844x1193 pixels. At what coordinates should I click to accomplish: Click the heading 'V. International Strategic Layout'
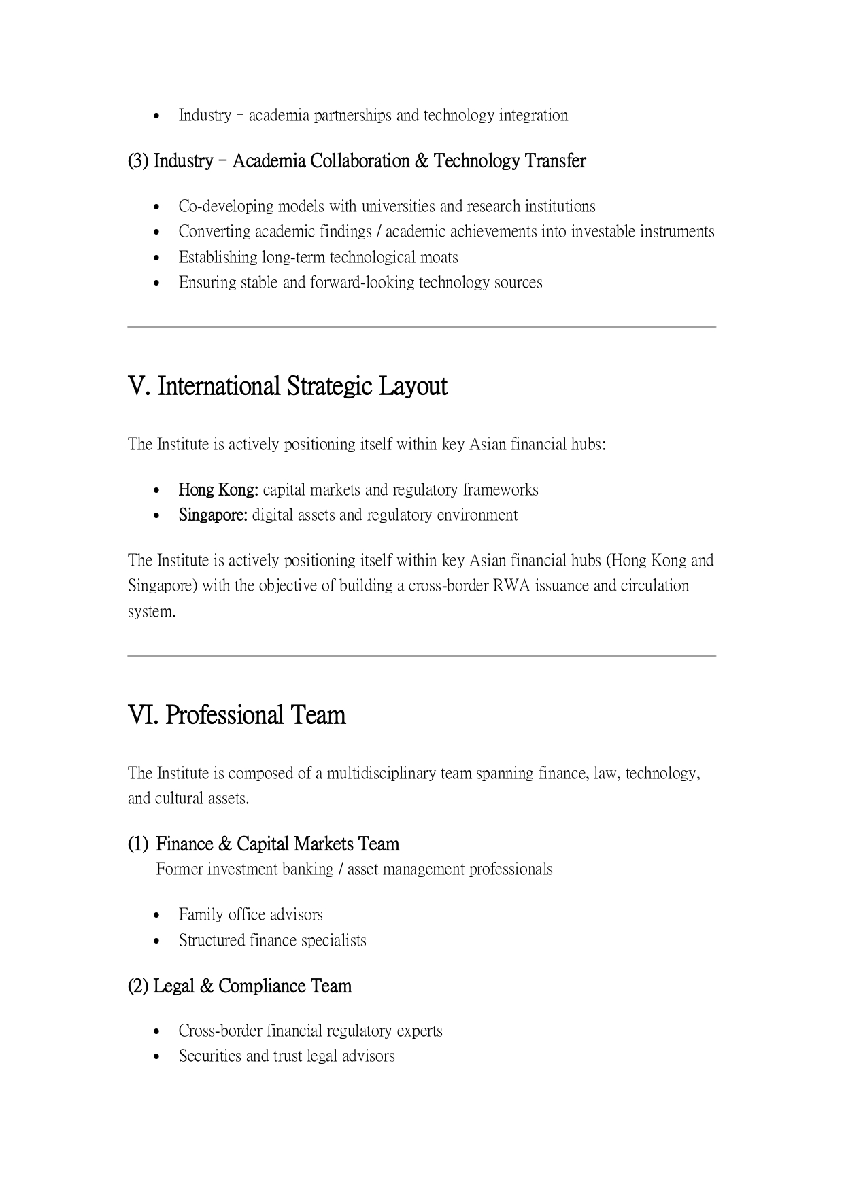[x=287, y=386]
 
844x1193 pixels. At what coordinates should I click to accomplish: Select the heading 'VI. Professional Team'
[x=237, y=715]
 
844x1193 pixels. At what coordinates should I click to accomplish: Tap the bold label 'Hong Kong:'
[x=218, y=489]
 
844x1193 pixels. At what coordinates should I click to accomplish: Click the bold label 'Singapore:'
[x=213, y=515]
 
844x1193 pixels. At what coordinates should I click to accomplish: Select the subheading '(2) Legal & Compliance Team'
[x=239, y=986]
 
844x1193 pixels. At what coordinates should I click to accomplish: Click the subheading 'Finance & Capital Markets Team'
[x=277, y=844]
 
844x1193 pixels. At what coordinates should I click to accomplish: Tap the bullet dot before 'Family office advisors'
[x=158, y=916]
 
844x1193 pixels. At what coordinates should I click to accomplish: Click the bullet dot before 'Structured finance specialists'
[x=158, y=941]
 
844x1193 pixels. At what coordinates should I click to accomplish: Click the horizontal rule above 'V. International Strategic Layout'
[x=422, y=327]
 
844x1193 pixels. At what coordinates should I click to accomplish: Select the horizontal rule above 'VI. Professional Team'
[x=422, y=656]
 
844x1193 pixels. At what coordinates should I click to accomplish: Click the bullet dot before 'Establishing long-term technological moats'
[x=158, y=258]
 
